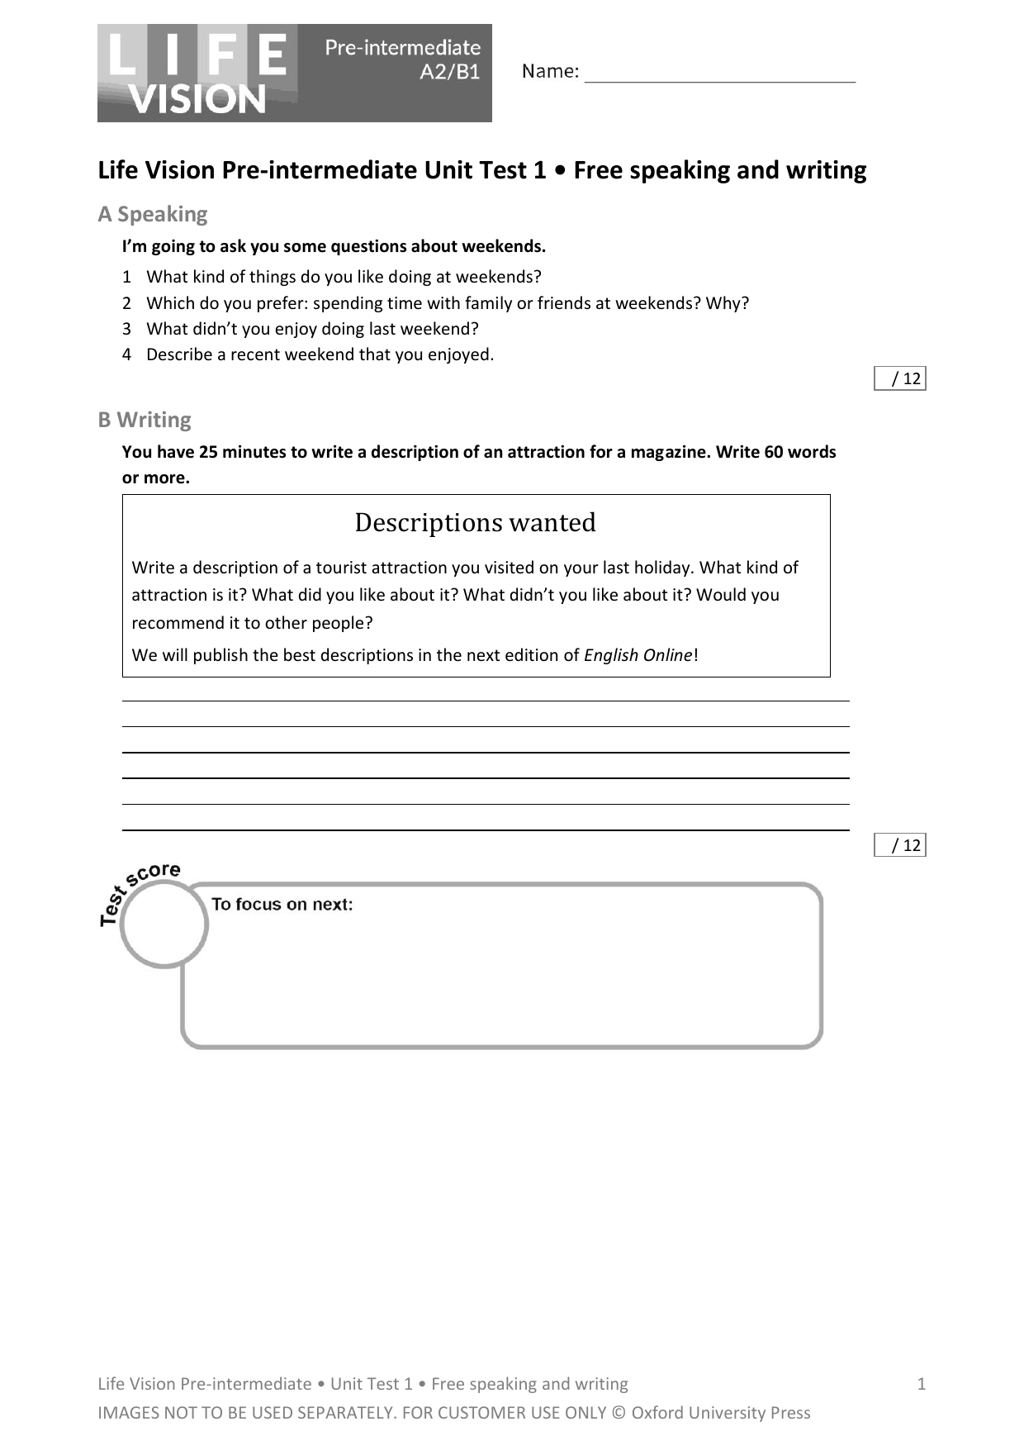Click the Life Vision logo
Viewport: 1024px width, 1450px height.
pyautogui.click(x=198, y=74)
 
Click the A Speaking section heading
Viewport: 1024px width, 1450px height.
pyautogui.click(x=153, y=214)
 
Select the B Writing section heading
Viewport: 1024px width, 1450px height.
pyautogui.click(x=145, y=420)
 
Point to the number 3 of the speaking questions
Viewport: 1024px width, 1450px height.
pyautogui.click(x=126, y=329)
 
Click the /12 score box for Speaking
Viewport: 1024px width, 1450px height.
pyautogui.click(x=900, y=378)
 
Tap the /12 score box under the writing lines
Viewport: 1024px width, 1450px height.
pyautogui.click(x=900, y=844)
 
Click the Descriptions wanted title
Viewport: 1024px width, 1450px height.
pyautogui.click(x=475, y=522)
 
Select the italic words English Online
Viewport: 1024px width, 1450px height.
pyautogui.click(x=638, y=655)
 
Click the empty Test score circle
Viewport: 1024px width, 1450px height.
pyautogui.click(x=164, y=924)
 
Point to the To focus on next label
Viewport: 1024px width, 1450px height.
pyautogui.click(x=282, y=904)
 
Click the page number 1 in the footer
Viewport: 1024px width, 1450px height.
pyautogui.click(x=922, y=1384)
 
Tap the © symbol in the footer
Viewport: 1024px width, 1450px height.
pyautogui.click(x=619, y=1413)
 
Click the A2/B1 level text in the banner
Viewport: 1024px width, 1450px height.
pyautogui.click(x=449, y=72)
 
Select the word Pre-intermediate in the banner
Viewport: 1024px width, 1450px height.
pyautogui.click(x=402, y=48)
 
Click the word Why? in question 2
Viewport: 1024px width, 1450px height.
pyautogui.click(x=728, y=303)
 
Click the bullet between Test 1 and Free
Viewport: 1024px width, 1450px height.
pyautogui.click(x=561, y=170)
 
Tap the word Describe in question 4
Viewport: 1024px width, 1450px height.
pyautogui.click(x=176, y=354)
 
